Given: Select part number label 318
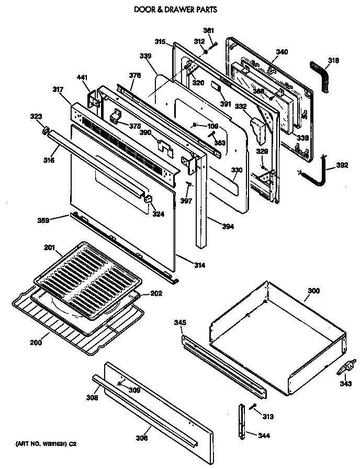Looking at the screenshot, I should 333,60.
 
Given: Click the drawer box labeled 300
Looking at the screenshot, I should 277,340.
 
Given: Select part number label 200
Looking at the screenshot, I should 35,343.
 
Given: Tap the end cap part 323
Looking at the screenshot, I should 46,130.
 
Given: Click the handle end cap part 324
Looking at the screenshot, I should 148,199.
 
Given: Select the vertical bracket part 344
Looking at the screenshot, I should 242,421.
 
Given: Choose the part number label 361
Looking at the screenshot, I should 208,30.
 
